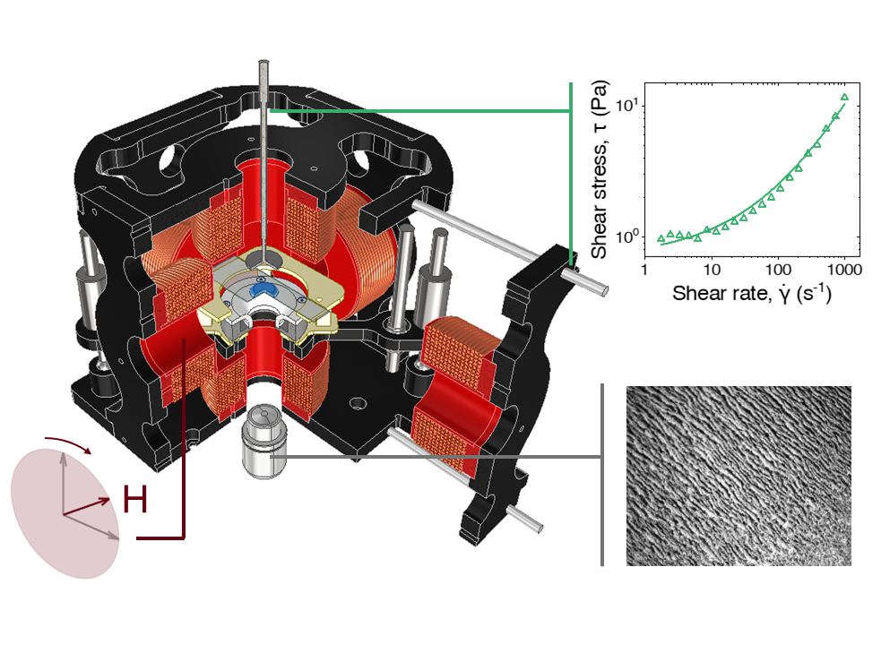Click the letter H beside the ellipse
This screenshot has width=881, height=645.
[135, 501]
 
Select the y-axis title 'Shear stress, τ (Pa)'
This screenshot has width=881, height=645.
[602, 170]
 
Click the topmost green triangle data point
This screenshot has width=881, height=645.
[844, 97]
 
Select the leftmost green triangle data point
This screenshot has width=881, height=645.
[661, 239]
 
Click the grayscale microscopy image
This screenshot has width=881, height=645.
[738, 475]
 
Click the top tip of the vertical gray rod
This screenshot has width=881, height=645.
[263, 63]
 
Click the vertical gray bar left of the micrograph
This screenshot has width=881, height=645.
[601, 475]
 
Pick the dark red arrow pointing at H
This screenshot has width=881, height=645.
[90, 504]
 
